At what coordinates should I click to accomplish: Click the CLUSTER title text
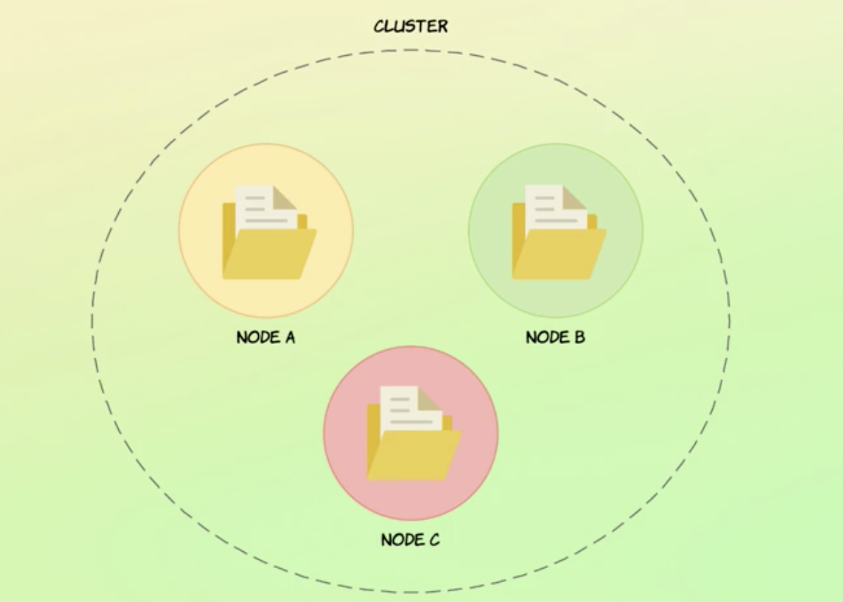pos(411,27)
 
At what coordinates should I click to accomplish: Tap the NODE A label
pos(265,337)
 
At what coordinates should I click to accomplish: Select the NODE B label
pos(555,337)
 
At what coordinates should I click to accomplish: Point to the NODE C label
pos(410,540)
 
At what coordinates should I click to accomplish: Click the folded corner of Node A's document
pos(285,198)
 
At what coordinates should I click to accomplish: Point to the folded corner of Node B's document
pos(575,198)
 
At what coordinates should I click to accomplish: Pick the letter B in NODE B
pos(579,337)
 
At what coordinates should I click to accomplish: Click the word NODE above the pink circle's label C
pos(401,540)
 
